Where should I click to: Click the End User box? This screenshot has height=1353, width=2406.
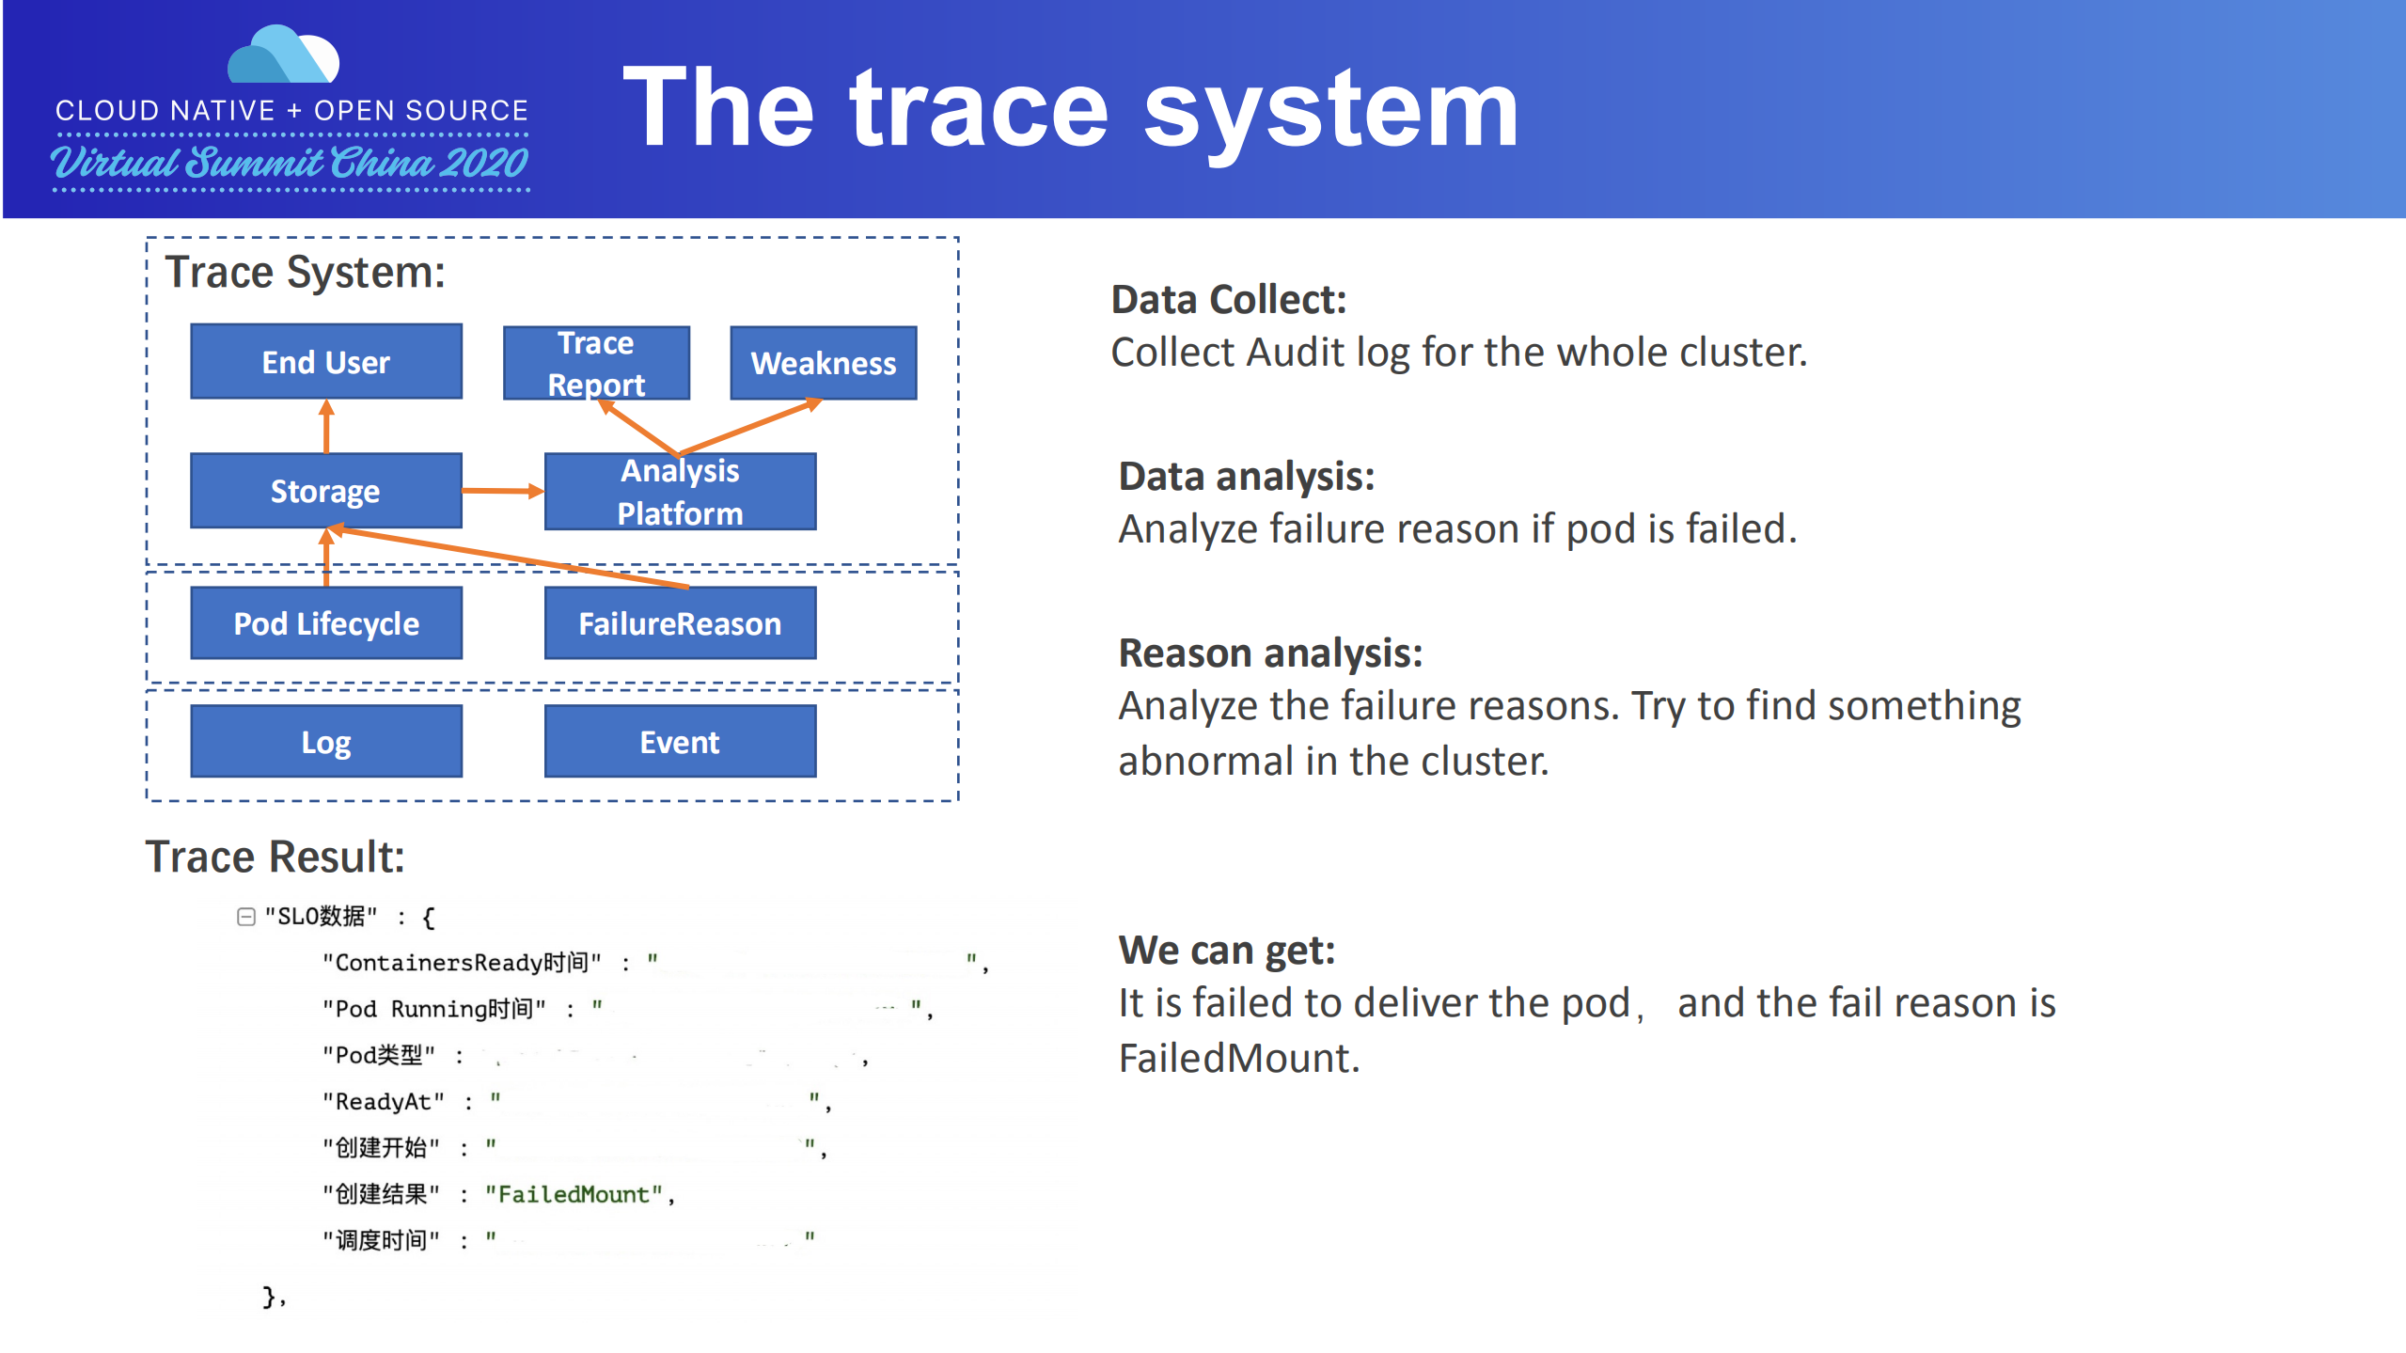325,362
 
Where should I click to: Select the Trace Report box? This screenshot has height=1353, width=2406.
596,363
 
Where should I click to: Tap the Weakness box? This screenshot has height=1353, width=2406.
823,363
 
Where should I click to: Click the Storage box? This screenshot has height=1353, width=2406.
325,491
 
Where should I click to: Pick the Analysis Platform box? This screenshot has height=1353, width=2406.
680,492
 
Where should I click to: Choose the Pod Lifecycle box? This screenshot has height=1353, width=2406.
325,623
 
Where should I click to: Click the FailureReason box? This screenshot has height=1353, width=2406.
680,623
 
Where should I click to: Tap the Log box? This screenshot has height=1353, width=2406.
325,742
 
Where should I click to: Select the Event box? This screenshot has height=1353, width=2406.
680,742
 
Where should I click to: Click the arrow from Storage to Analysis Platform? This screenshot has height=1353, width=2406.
502,491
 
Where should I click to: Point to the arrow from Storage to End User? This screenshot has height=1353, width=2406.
326,427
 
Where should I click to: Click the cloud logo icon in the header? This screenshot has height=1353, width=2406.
283,56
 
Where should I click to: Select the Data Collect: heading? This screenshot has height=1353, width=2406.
1228,300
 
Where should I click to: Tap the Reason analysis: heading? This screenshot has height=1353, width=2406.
1269,653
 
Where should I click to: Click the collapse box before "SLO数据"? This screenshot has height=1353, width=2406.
246,917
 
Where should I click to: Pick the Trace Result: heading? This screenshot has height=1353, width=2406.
275,857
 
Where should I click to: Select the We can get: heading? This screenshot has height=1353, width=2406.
1226,951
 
